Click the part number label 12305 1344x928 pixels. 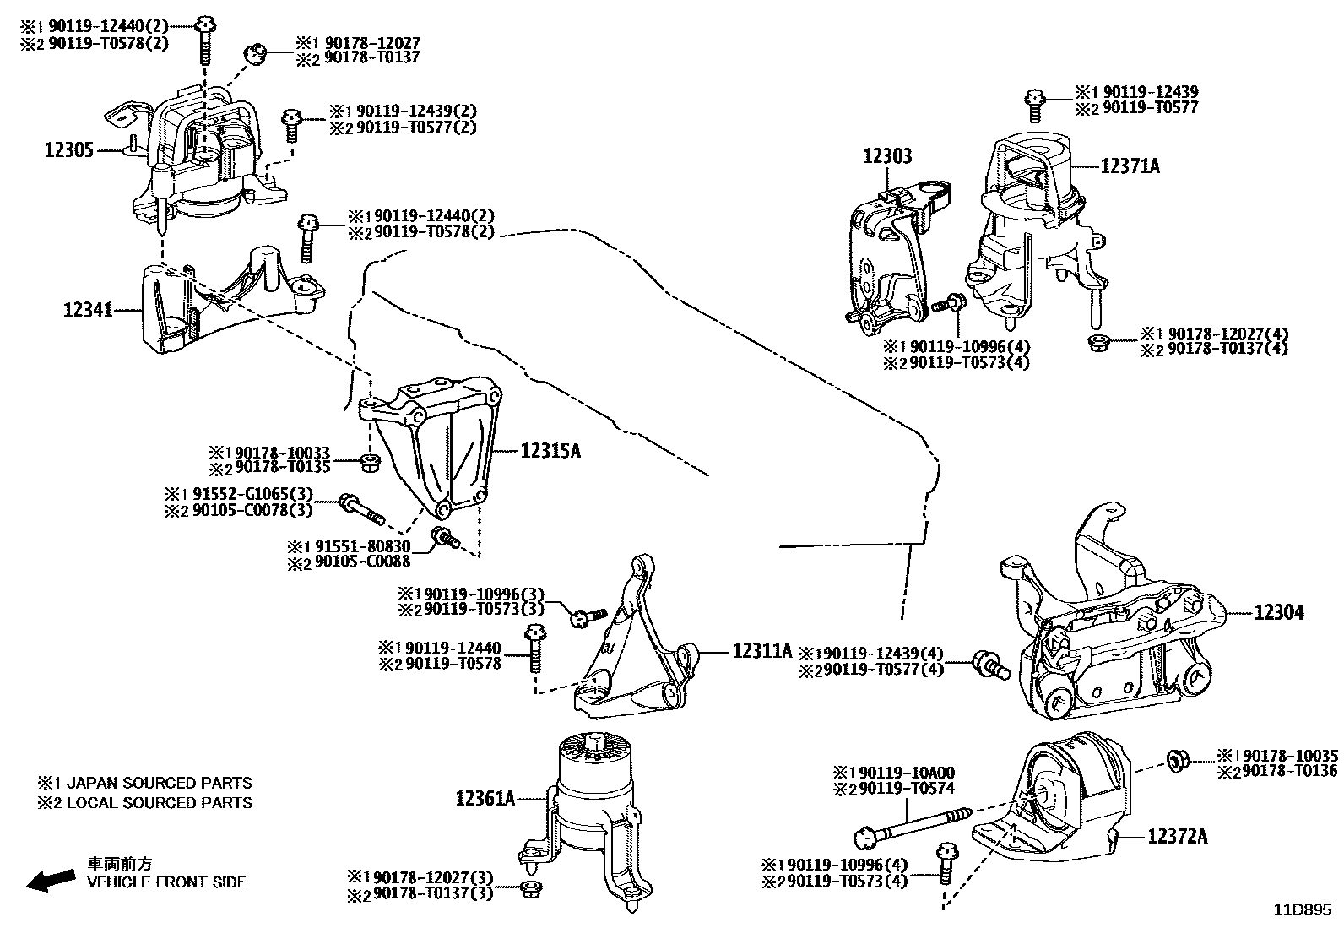click(68, 150)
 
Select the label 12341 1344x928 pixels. click(88, 310)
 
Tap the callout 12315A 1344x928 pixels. click(550, 451)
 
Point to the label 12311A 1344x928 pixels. click(762, 650)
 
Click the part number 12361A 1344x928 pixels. click(485, 797)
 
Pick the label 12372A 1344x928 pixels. click(1177, 836)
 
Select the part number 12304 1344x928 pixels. click(1278, 612)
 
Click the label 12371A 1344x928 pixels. click(1130, 166)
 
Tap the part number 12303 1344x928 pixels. click(887, 156)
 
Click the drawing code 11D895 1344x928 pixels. click(1303, 910)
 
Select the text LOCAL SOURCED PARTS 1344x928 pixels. click(159, 802)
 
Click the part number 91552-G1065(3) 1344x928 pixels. click(248, 494)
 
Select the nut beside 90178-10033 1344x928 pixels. click(368, 461)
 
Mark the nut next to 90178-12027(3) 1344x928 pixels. click(531, 888)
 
